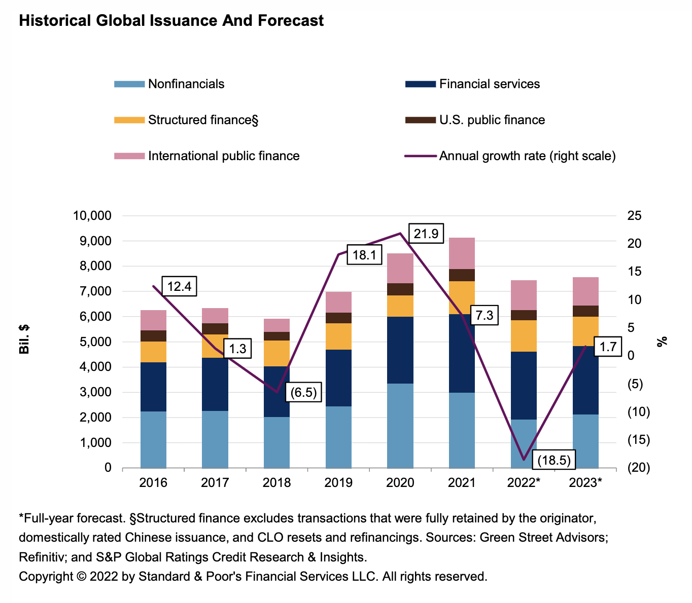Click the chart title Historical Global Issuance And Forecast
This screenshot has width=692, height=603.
pyautogui.click(x=171, y=21)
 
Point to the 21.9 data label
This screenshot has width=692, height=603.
pyautogui.click(x=426, y=233)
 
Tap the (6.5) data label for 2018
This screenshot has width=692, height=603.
pyautogui.click(x=304, y=393)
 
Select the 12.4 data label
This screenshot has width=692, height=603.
pyautogui.click(x=179, y=287)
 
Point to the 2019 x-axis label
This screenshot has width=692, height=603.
pyautogui.click(x=338, y=482)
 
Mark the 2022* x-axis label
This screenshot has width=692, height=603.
pyautogui.click(x=524, y=482)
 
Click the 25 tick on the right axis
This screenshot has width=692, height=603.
pyautogui.click(x=635, y=216)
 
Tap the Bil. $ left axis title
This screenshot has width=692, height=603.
pyautogui.click(x=24, y=340)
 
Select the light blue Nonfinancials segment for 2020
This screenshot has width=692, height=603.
pyautogui.click(x=400, y=426)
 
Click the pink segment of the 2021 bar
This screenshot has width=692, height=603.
pyautogui.click(x=462, y=253)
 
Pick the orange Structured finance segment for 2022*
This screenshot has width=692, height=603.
pyautogui.click(x=524, y=336)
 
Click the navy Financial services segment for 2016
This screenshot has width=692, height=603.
pyautogui.click(x=153, y=387)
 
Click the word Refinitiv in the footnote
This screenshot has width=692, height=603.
pyautogui.click(x=42, y=557)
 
